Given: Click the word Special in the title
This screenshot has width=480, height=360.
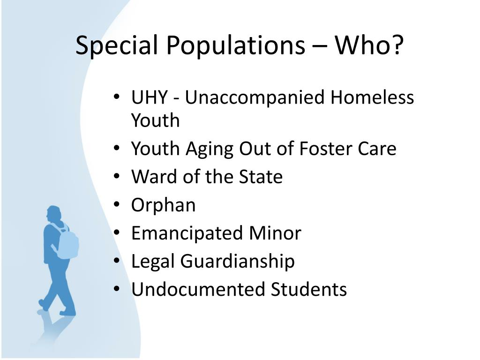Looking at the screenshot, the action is tap(116, 45).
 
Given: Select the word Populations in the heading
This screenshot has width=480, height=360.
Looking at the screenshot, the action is tap(236, 45).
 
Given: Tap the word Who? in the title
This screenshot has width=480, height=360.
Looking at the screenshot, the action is tap(369, 45).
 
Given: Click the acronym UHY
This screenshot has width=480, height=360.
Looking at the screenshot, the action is tap(150, 97).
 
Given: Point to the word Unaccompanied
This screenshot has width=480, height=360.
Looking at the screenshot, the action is tap(255, 97).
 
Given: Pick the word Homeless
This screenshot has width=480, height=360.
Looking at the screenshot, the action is tap(372, 97).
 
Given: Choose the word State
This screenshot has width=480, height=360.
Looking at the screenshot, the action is tap(261, 177).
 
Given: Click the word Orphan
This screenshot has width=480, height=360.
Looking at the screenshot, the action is tap(164, 205).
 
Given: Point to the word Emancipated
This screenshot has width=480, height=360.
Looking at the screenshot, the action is tap(187, 233).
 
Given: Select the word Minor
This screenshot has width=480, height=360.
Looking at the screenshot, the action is tap(275, 233).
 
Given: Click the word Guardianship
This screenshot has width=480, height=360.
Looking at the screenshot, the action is tap(237, 262).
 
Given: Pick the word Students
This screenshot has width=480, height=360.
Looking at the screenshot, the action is tap(308, 289).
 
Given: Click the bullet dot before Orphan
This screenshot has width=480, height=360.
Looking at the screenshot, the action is tap(116, 204).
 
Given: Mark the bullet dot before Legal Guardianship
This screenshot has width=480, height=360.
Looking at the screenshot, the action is tap(116, 260).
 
